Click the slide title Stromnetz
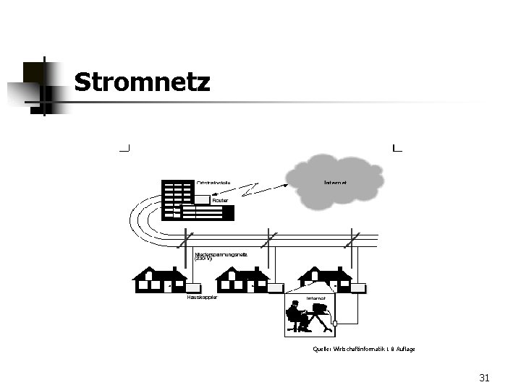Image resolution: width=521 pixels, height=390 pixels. [x=142, y=82]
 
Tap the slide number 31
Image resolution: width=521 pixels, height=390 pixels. [x=484, y=378]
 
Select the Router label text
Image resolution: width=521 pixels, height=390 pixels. [x=220, y=200]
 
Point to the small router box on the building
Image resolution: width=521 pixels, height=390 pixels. [x=201, y=199]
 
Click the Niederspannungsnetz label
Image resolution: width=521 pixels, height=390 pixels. [x=221, y=256]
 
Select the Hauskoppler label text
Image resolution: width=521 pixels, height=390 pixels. [x=201, y=297]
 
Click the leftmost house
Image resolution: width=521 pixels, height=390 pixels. [x=158, y=280]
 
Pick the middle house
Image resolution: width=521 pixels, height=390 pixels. [x=242, y=280]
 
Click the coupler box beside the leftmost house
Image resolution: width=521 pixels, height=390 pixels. [x=193, y=287]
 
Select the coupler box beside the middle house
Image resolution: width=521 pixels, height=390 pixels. [x=276, y=287]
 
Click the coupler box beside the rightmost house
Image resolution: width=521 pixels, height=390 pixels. [x=357, y=287]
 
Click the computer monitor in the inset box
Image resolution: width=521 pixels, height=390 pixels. [x=318, y=311]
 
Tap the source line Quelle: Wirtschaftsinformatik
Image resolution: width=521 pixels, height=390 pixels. [x=364, y=349]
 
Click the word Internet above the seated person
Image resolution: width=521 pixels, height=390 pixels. [x=315, y=298]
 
